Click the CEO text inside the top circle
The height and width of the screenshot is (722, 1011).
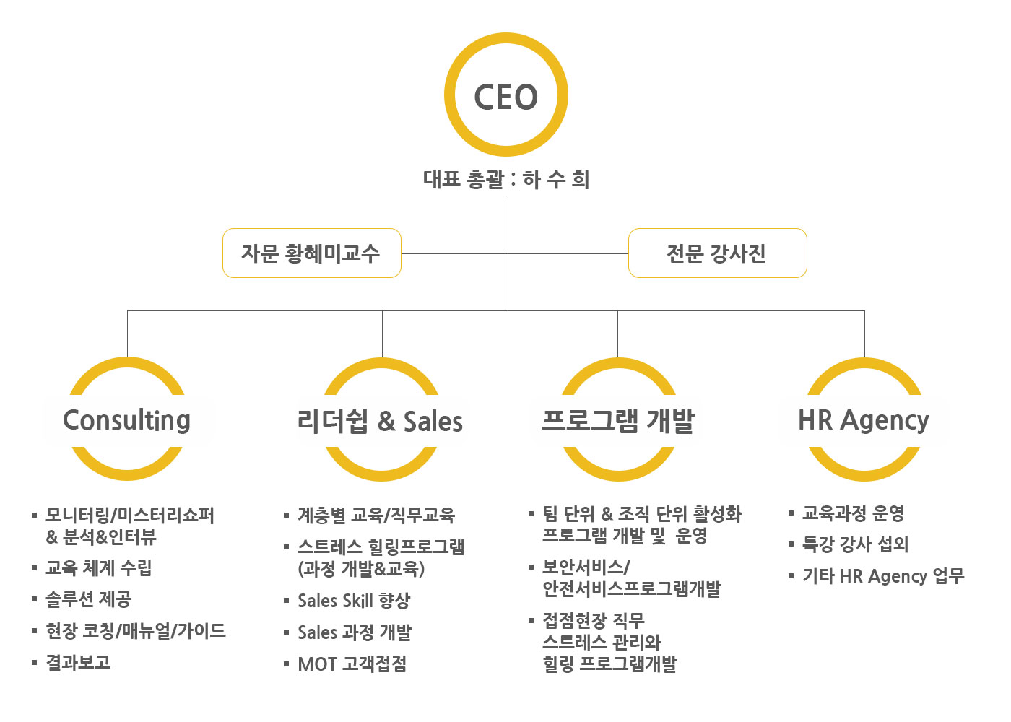[x=506, y=97]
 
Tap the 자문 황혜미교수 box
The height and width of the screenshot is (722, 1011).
[x=311, y=253]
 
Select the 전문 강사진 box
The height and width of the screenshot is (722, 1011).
[x=716, y=253]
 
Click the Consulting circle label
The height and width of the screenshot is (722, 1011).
[x=127, y=419]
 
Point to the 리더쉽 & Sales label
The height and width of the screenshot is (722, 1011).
[x=380, y=421]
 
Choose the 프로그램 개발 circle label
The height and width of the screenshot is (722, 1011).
[x=618, y=420]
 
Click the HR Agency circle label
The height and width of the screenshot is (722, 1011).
[x=864, y=419]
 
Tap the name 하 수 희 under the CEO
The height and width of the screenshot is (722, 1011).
[x=556, y=179]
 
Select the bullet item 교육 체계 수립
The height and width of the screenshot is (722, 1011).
[x=99, y=568]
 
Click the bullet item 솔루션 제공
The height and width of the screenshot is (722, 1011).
[x=89, y=599]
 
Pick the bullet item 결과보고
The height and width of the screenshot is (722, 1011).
[x=78, y=663]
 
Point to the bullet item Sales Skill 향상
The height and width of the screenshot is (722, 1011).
[x=354, y=601]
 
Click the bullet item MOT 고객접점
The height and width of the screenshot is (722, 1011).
[x=352, y=664]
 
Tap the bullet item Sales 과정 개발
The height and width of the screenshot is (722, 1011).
[x=355, y=632]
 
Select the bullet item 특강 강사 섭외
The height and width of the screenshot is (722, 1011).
[x=856, y=544]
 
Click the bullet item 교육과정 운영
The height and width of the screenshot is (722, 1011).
[x=854, y=513]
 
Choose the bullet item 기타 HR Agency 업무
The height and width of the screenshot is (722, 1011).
[x=883, y=576]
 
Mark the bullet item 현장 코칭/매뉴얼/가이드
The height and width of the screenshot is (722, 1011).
[x=136, y=631]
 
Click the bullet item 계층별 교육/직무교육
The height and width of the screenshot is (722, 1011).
[x=376, y=516]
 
